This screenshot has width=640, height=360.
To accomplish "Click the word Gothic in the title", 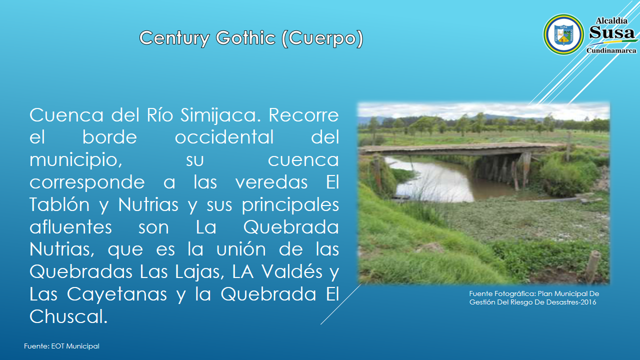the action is click(x=245, y=37).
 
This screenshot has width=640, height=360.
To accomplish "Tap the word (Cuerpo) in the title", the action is click(x=322, y=38).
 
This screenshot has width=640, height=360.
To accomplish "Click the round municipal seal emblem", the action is click(x=563, y=34).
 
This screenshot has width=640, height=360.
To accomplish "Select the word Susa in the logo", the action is click(x=611, y=32).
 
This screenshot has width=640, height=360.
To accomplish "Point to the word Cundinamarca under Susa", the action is click(x=611, y=50).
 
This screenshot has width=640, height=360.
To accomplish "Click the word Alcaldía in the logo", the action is click(x=611, y=20).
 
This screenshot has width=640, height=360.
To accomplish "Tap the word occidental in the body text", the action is click(x=224, y=137).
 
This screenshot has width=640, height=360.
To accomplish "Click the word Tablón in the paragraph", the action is click(x=59, y=204).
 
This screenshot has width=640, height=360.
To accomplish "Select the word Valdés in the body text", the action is click(x=292, y=271).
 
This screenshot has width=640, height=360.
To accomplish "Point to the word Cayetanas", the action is click(x=117, y=294).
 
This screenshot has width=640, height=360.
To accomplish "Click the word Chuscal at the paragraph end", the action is click(x=68, y=316).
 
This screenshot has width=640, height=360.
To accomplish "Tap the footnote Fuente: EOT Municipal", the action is click(x=61, y=346).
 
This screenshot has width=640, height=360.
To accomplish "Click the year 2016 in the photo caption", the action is click(x=588, y=302).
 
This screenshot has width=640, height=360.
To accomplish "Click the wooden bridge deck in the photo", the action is click(x=457, y=149).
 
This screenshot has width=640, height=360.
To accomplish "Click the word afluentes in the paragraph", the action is click(x=70, y=227).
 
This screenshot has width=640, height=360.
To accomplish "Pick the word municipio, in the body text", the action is click(x=76, y=160).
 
